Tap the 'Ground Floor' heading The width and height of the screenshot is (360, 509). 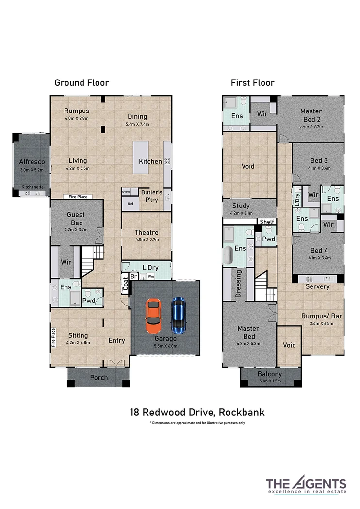(x=82, y=83)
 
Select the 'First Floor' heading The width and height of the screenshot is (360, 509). (x=252, y=83)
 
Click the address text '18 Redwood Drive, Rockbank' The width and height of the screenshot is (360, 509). (x=197, y=413)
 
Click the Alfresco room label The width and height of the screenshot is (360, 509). (x=32, y=162)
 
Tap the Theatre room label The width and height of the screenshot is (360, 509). (x=147, y=232)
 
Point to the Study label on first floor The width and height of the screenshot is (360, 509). (x=241, y=206)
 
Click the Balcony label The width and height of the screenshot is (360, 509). (x=270, y=374)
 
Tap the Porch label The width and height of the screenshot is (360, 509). (x=99, y=378)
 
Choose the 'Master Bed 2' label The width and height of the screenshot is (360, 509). (x=311, y=115)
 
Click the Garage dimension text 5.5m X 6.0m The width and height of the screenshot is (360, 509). (x=166, y=346)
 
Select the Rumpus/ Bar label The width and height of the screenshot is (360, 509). (x=322, y=316)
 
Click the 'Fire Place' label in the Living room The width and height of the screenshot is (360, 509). (x=78, y=197)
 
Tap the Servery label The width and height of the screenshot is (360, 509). (x=317, y=286)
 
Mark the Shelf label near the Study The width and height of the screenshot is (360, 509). (x=267, y=222)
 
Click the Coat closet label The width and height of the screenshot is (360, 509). (x=125, y=284)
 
